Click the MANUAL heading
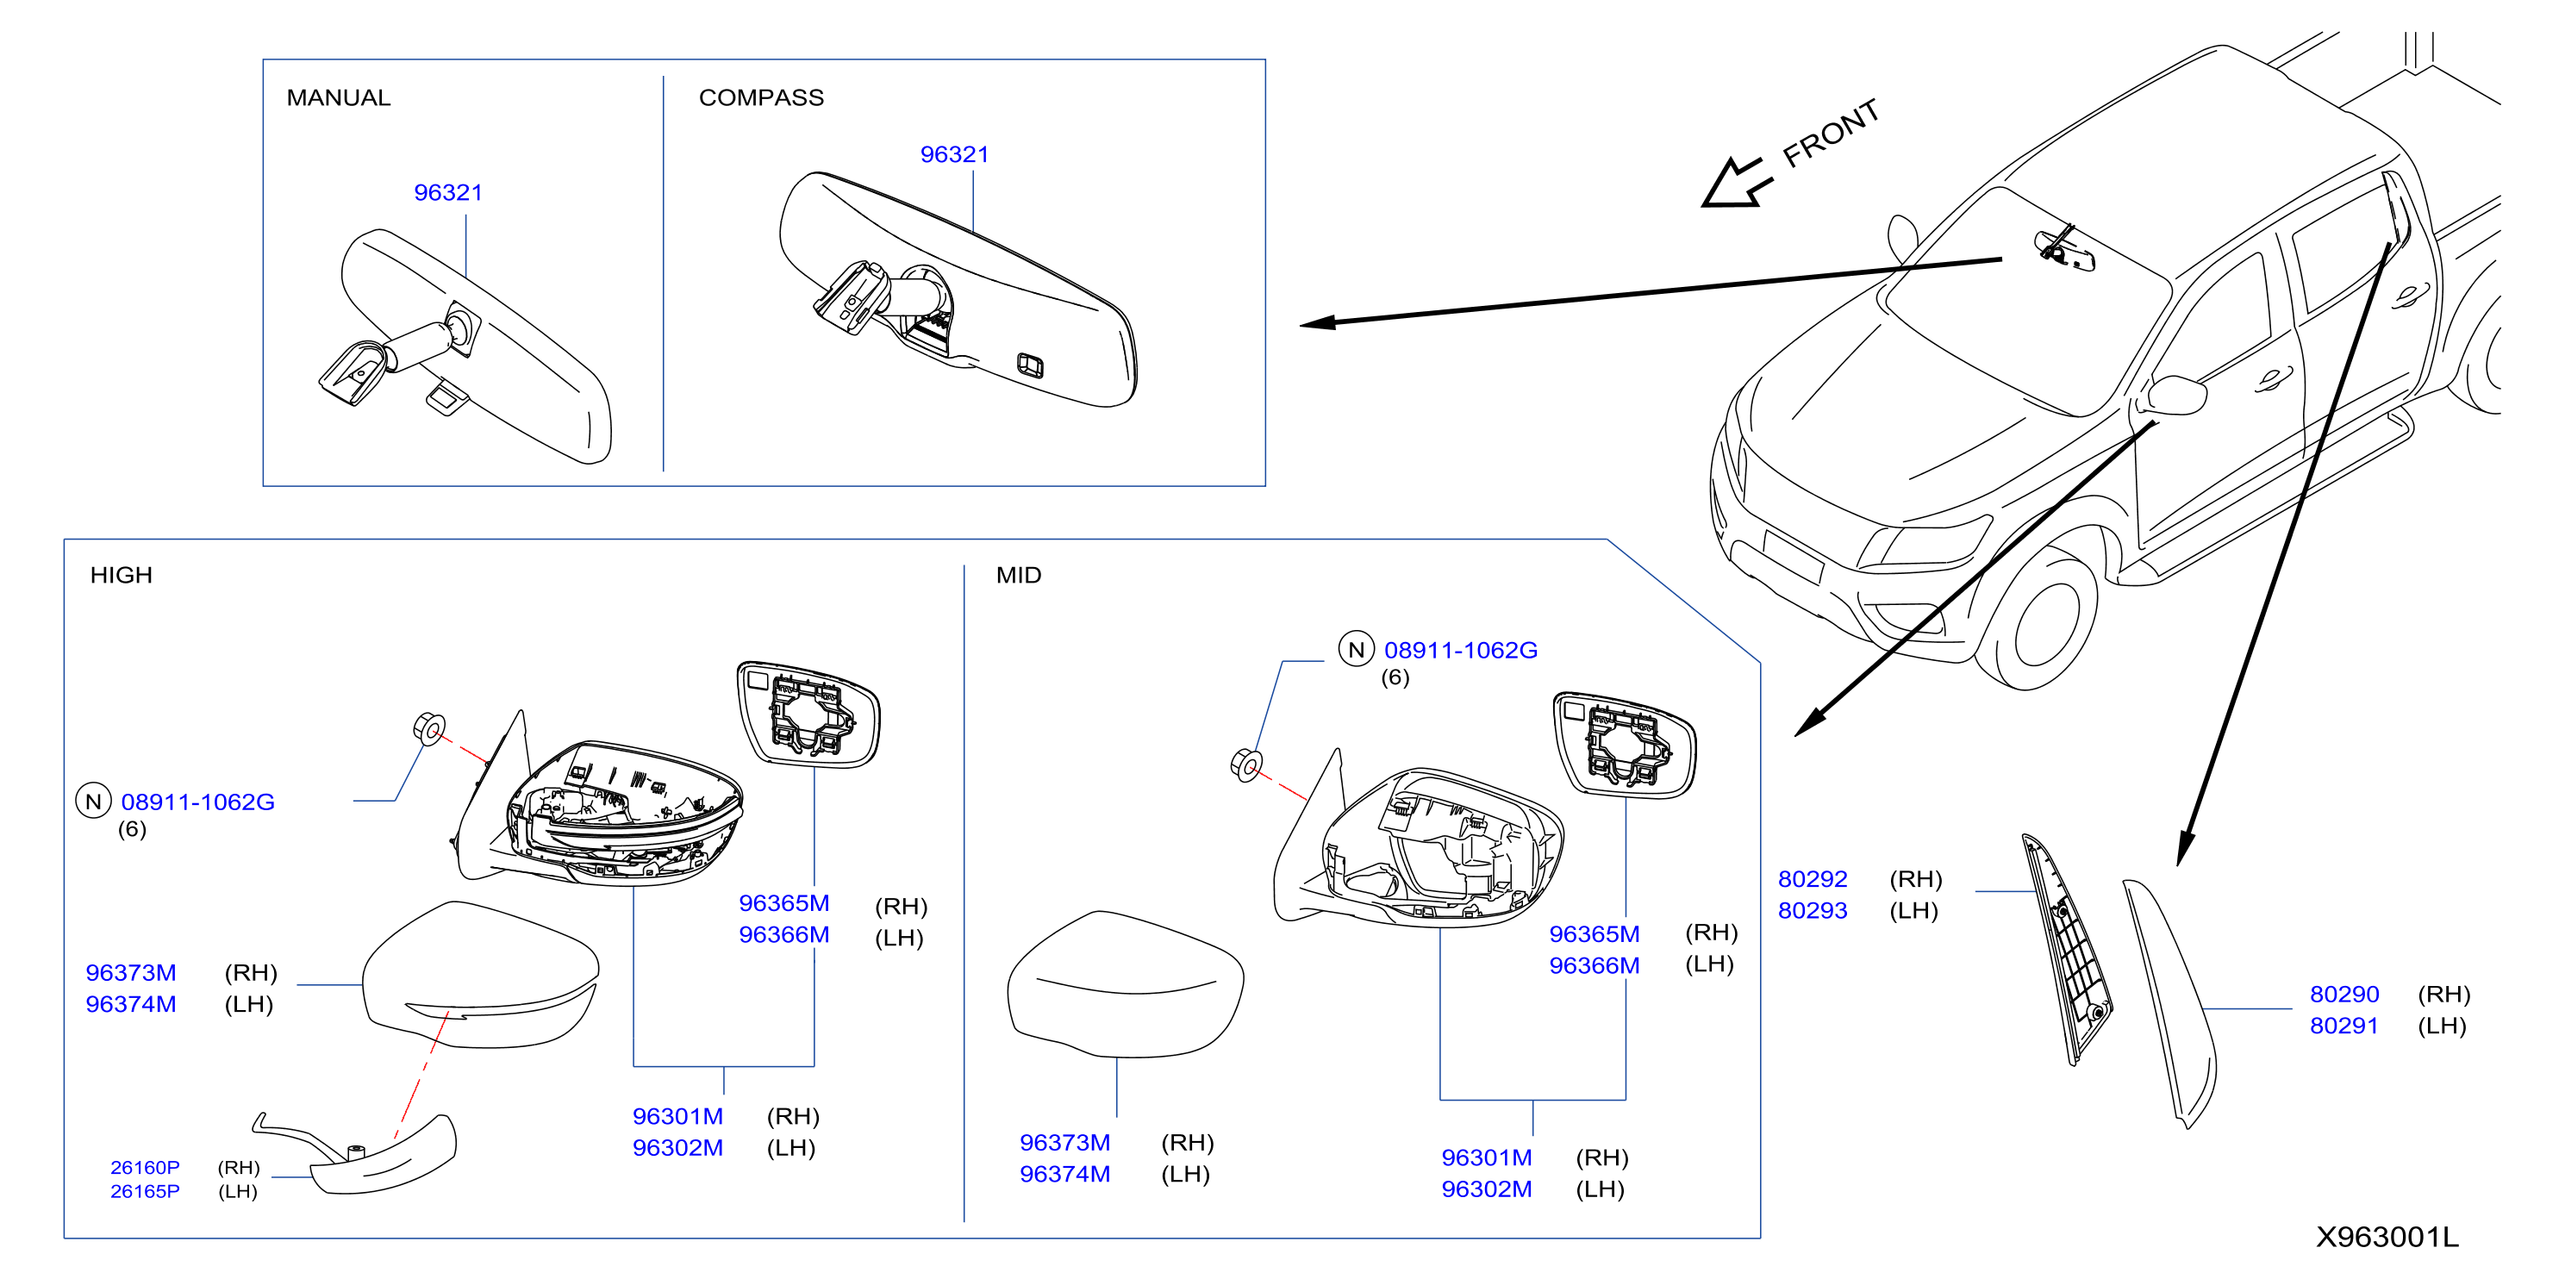click(x=339, y=97)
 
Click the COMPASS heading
click(x=762, y=97)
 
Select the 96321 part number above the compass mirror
click(x=954, y=154)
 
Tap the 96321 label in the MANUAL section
click(x=448, y=192)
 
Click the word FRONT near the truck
click(x=1830, y=134)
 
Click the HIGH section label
click(x=122, y=576)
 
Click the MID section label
click(x=1019, y=576)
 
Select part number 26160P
click(x=146, y=1167)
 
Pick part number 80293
click(x=1813, y=911)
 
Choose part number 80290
click(x=2344, y=995)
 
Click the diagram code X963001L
click(x=2387, y=1237)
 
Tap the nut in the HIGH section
click(x=429, y=728)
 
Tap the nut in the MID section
click(x=1246, y=765)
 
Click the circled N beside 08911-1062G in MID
click(x=1356, y=650)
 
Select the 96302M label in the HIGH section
click(x=678, y=1148)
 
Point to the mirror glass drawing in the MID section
click(x=1624, y=745)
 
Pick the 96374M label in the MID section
click(x=1064, y=1175)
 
